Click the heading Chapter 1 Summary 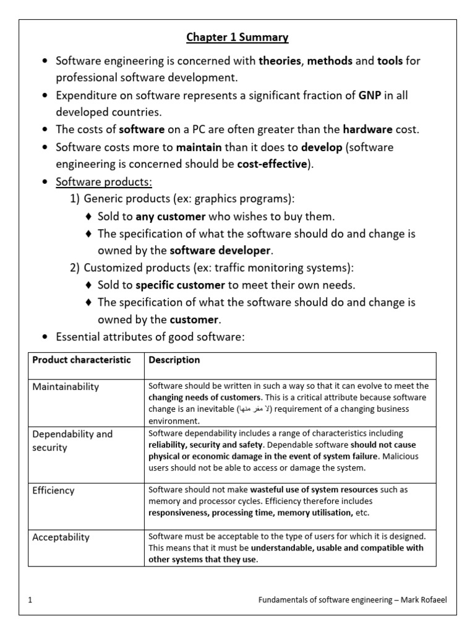click(x=237, y=38)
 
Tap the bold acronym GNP click(x=369, y=95)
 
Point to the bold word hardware click(x=367, y=130)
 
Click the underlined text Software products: click(x=104, y=182)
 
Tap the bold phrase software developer click(x=220, y=251)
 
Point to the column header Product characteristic click(x=82, y=360)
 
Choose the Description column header click(x=174, y=360)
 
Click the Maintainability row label click(x=66, y=387)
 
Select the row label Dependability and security click(x=72, y=441)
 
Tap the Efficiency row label click(x=53, y=490)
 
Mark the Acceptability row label click(x=61, y=537)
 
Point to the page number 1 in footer click(x=30, y=601)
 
